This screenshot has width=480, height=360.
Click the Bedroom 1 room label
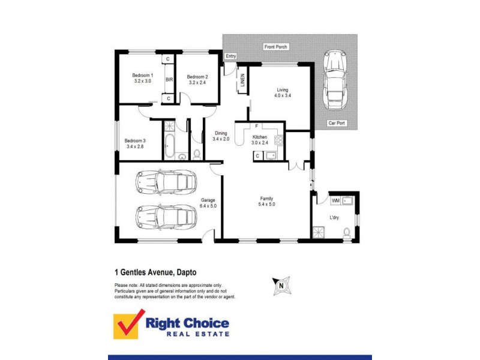tap(143, 75)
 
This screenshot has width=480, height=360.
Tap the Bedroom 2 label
tap(197, 77)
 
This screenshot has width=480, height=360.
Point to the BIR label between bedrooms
tap(169, 79)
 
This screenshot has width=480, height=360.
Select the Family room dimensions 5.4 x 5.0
tap(266, 204)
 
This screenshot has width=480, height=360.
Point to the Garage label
tap(208, 200)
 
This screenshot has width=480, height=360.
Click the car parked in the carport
tap(334, 79)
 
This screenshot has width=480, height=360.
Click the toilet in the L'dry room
tap(347, 232)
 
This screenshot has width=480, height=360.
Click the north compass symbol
tap(280, 286)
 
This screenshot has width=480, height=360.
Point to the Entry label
tap(231, 56)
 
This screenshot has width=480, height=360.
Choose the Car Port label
tap(336, 123)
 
